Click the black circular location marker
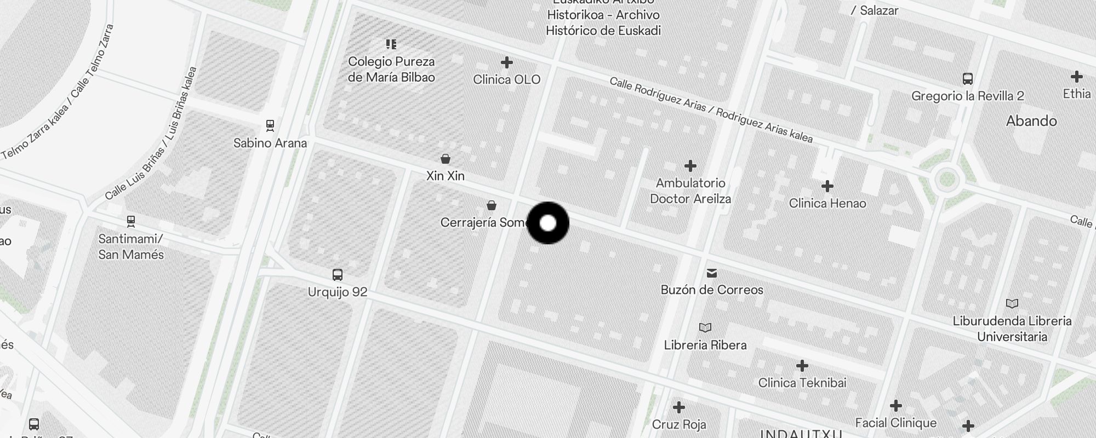548,223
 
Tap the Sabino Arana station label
270,143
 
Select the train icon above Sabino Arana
270,125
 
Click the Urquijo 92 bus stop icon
338,274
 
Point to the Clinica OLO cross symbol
507,62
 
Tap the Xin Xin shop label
446,176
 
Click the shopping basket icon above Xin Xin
446,159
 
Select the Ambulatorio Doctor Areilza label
690,191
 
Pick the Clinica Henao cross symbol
827,186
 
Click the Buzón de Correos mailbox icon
712,273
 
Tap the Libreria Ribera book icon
705,327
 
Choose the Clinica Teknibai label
802,383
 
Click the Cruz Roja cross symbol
679,407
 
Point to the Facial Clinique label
896,423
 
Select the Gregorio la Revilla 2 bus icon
968,79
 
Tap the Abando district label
1031,121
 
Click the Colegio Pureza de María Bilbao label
391,70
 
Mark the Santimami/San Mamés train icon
130,221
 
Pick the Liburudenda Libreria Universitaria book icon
1012,303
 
